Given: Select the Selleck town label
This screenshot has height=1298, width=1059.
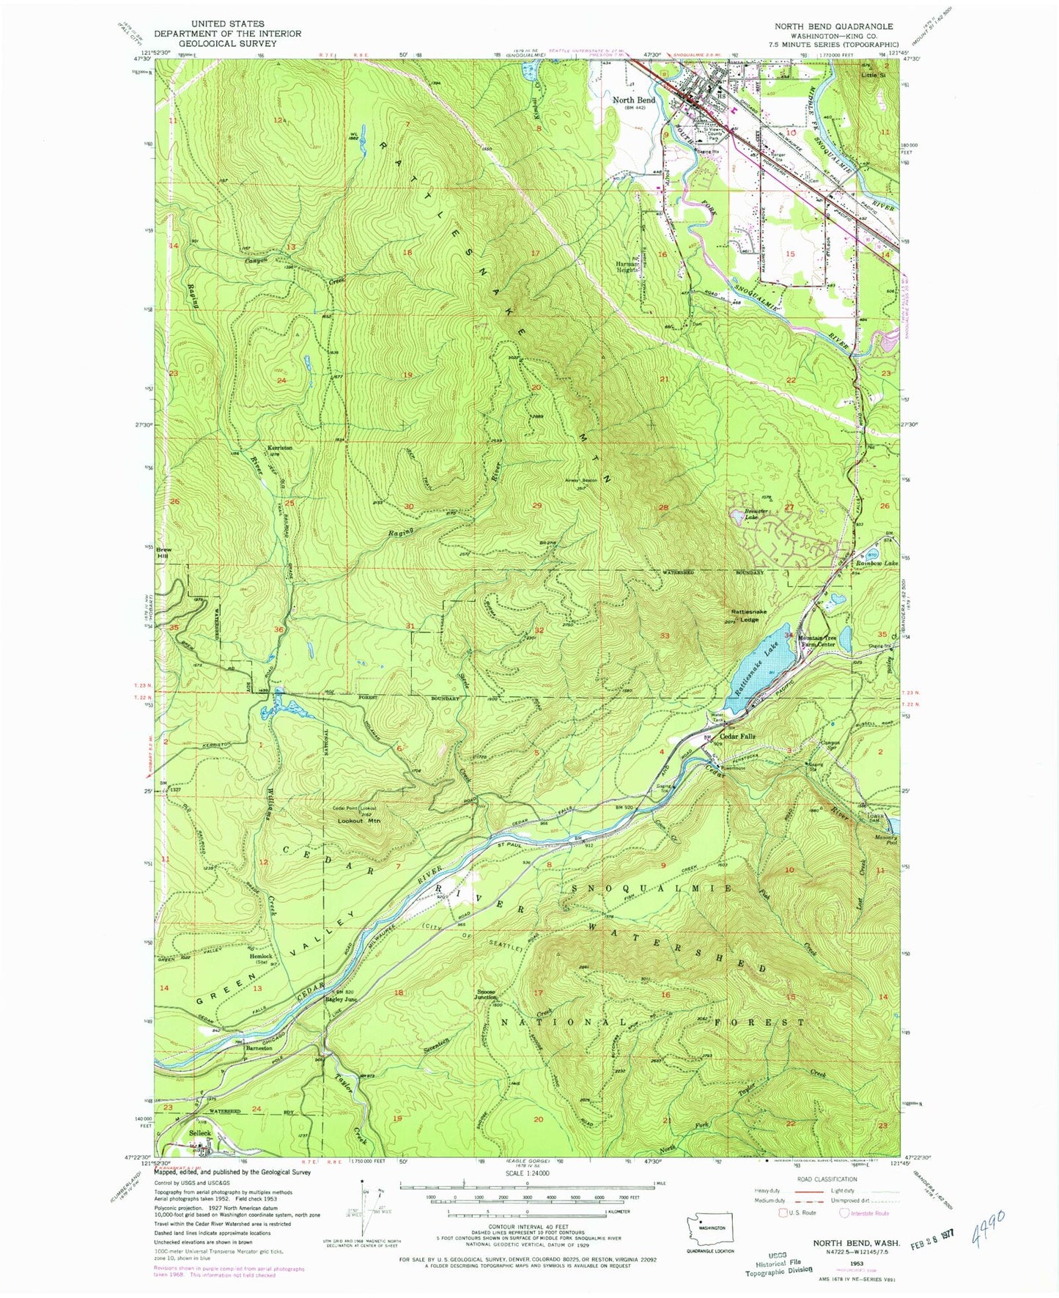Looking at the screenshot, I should [x=200, y=1132].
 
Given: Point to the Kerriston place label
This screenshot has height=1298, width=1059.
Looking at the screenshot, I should [x=278, y=447].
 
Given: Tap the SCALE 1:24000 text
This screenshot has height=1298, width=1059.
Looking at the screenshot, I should [x=526, y=1173].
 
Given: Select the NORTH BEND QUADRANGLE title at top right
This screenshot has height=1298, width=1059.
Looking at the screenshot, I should [x=834, y=26].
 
